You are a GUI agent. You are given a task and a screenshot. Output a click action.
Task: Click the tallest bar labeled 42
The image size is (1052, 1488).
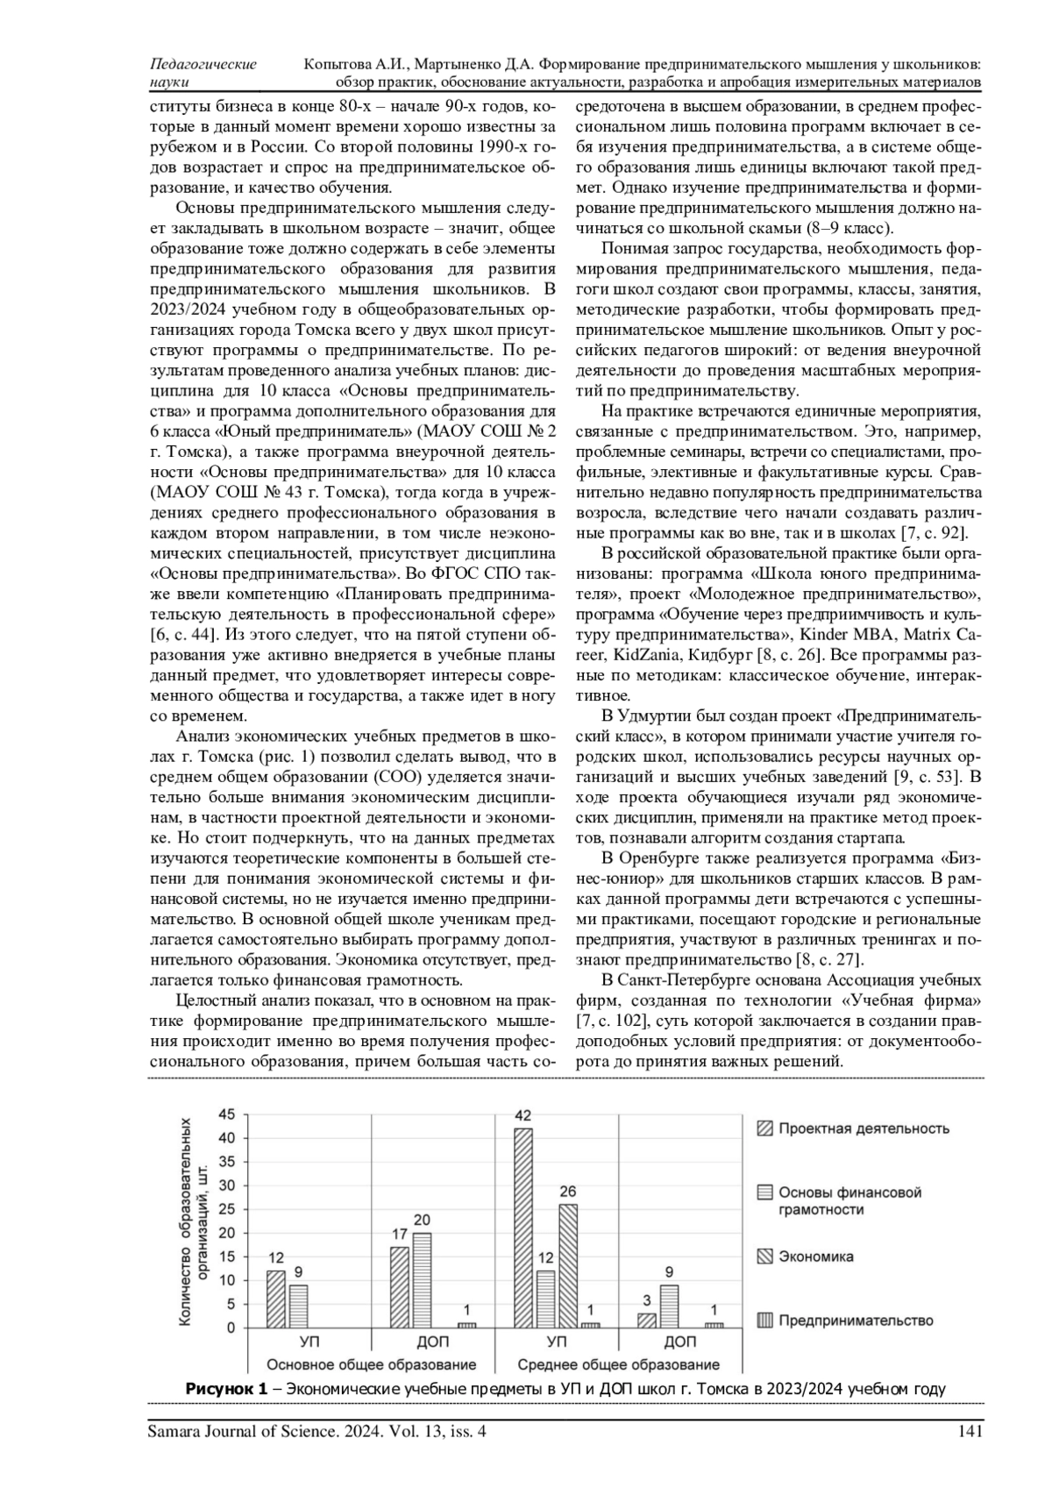click(x=522, y=1228)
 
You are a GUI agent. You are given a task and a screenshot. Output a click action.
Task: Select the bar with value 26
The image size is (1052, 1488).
click(x=568, y=1265)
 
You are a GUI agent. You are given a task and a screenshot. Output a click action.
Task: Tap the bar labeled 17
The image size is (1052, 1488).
click(x=399, y=1286)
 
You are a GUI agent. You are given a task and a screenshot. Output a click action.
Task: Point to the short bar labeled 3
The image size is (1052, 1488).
click(x=647, y=1320)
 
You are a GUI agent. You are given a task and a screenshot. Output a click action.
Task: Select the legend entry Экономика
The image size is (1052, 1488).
click(x=815, y=1257)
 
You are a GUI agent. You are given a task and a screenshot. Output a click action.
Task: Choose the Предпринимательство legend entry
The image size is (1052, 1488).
click(x=856, y=1321)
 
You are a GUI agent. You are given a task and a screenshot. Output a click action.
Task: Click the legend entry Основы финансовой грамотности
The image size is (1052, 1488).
click(x=849, y=1200)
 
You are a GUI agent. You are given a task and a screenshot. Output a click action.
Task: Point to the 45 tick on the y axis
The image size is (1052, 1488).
click(x=227, y=1114)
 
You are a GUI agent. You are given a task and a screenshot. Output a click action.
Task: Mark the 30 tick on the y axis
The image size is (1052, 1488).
click(x=227, y=1185)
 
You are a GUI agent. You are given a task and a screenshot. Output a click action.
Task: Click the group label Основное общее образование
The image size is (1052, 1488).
click(x=371, y=1364)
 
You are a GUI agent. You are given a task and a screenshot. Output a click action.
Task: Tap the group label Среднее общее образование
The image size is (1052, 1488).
click(x=618, y=1364)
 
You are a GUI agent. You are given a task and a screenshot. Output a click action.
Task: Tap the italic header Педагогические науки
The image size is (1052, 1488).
click(x=203, y=74)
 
